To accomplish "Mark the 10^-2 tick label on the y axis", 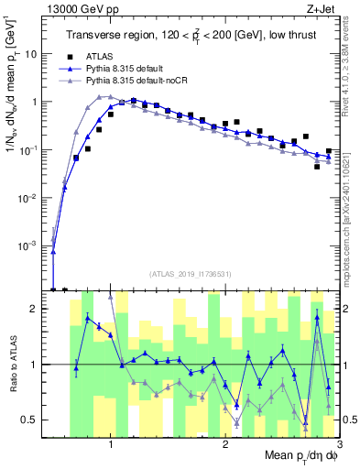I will tap(33, 198).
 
